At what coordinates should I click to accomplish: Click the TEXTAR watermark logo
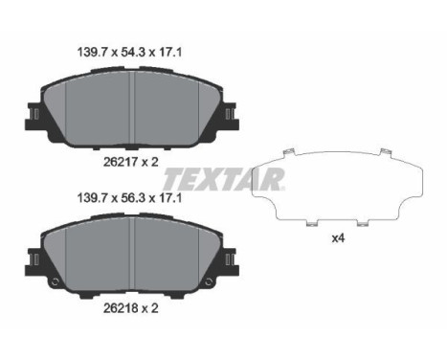[x=223, y=179]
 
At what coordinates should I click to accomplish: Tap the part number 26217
[x=121, y=162]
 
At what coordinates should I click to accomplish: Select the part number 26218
[x=121, y=308]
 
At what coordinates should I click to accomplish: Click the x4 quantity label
[x=338, y=238]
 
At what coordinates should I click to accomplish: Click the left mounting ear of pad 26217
[x=34, y=116]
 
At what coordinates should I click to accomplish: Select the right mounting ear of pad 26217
[x=230, y=116]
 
